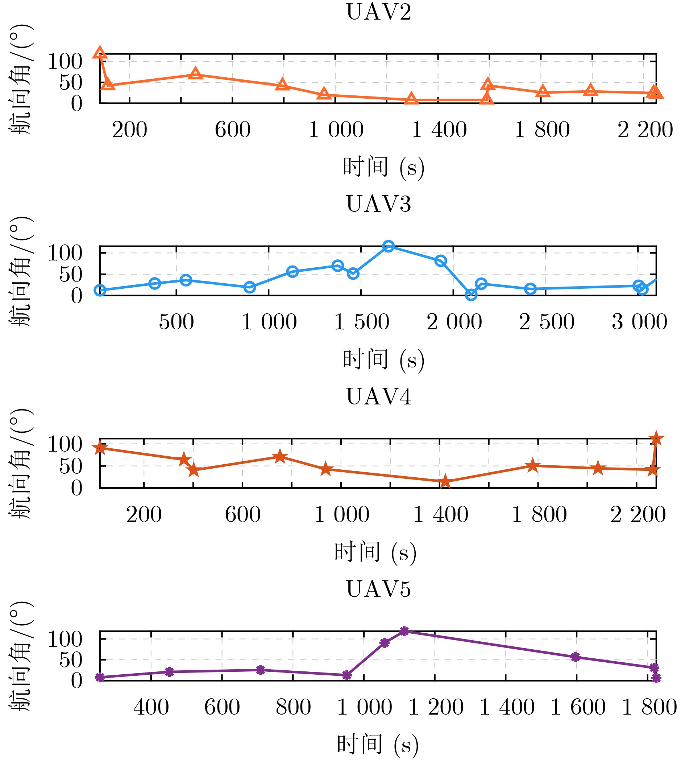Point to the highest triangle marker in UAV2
(x=100, y=53)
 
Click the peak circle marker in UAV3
(x=389, y=246)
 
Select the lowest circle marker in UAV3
(x=471, y=295)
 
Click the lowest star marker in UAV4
(x=445, y=481)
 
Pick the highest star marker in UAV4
(x=656, y=439)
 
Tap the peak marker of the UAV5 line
(x=404, y=631)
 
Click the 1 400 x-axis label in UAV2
(x=439, y=130)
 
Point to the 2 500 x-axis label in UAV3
(x=547, y=322)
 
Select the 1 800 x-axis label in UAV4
(x=539, y=515)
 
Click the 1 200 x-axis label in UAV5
(x=436, y=707)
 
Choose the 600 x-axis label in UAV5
(x=222, y=707)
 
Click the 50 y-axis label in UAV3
(x=71, y=275)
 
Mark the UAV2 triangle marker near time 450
(x=195, y=74)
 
